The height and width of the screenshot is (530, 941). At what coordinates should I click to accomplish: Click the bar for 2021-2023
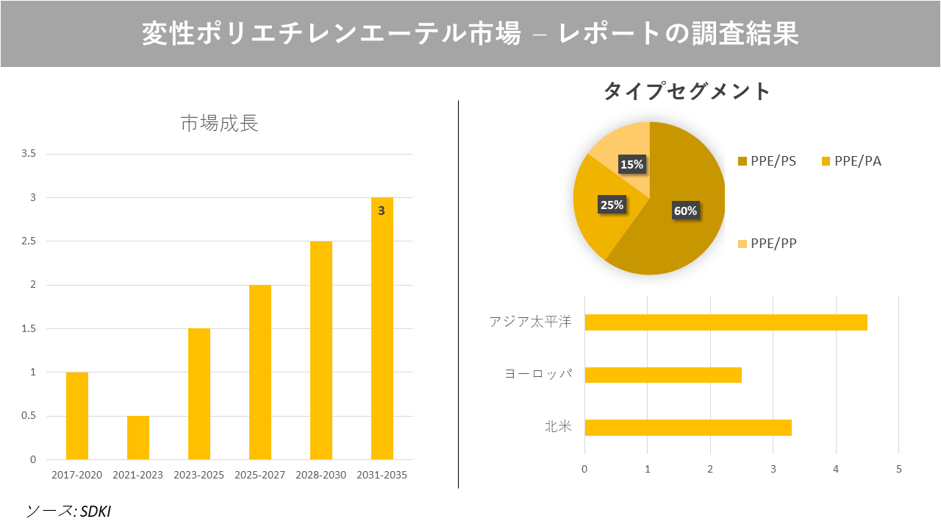(x=138, y=438)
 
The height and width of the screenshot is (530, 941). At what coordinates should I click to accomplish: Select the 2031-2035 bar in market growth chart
(x=382, y=331)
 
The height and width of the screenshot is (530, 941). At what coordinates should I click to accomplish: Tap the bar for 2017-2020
(x=77, y=416)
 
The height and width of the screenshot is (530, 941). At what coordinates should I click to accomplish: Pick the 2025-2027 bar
(x=260, y=372)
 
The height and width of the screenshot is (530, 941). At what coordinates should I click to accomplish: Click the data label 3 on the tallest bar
(x=382, y=211)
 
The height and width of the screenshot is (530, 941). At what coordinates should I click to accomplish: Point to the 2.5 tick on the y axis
(x=29, y=241)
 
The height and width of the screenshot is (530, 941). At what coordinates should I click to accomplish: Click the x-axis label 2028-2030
(x=321, y=475)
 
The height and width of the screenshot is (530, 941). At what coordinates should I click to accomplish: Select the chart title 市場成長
(x=219, y=123)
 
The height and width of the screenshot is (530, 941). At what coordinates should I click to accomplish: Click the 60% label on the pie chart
(x=685, y=211)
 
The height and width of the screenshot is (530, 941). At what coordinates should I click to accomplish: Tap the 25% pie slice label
(x=612, y=205)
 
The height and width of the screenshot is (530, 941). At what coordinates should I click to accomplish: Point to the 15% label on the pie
(x=631, y=164)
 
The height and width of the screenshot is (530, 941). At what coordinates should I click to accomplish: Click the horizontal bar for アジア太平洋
(x=726, y=322)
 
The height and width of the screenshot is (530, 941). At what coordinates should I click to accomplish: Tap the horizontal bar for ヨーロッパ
(x=662, y=375)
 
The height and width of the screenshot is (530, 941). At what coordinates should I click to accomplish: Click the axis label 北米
(x=558, y=427)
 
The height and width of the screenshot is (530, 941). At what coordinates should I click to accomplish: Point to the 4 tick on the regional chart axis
(x=836, y=469)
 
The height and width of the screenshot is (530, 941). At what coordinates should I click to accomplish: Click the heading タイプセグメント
(x=687, y=91)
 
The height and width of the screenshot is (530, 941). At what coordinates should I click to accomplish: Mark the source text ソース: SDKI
(x=68, y=511)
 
